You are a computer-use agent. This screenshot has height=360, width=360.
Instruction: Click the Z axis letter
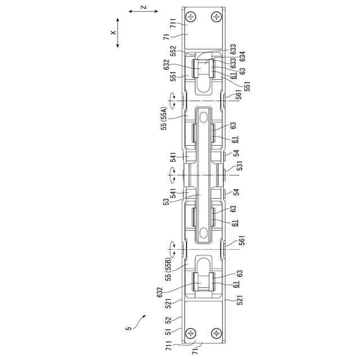click(143, 7)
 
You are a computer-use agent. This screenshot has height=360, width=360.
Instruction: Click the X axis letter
click(113, 33)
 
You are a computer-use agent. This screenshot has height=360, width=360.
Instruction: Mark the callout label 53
click(167, 201)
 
